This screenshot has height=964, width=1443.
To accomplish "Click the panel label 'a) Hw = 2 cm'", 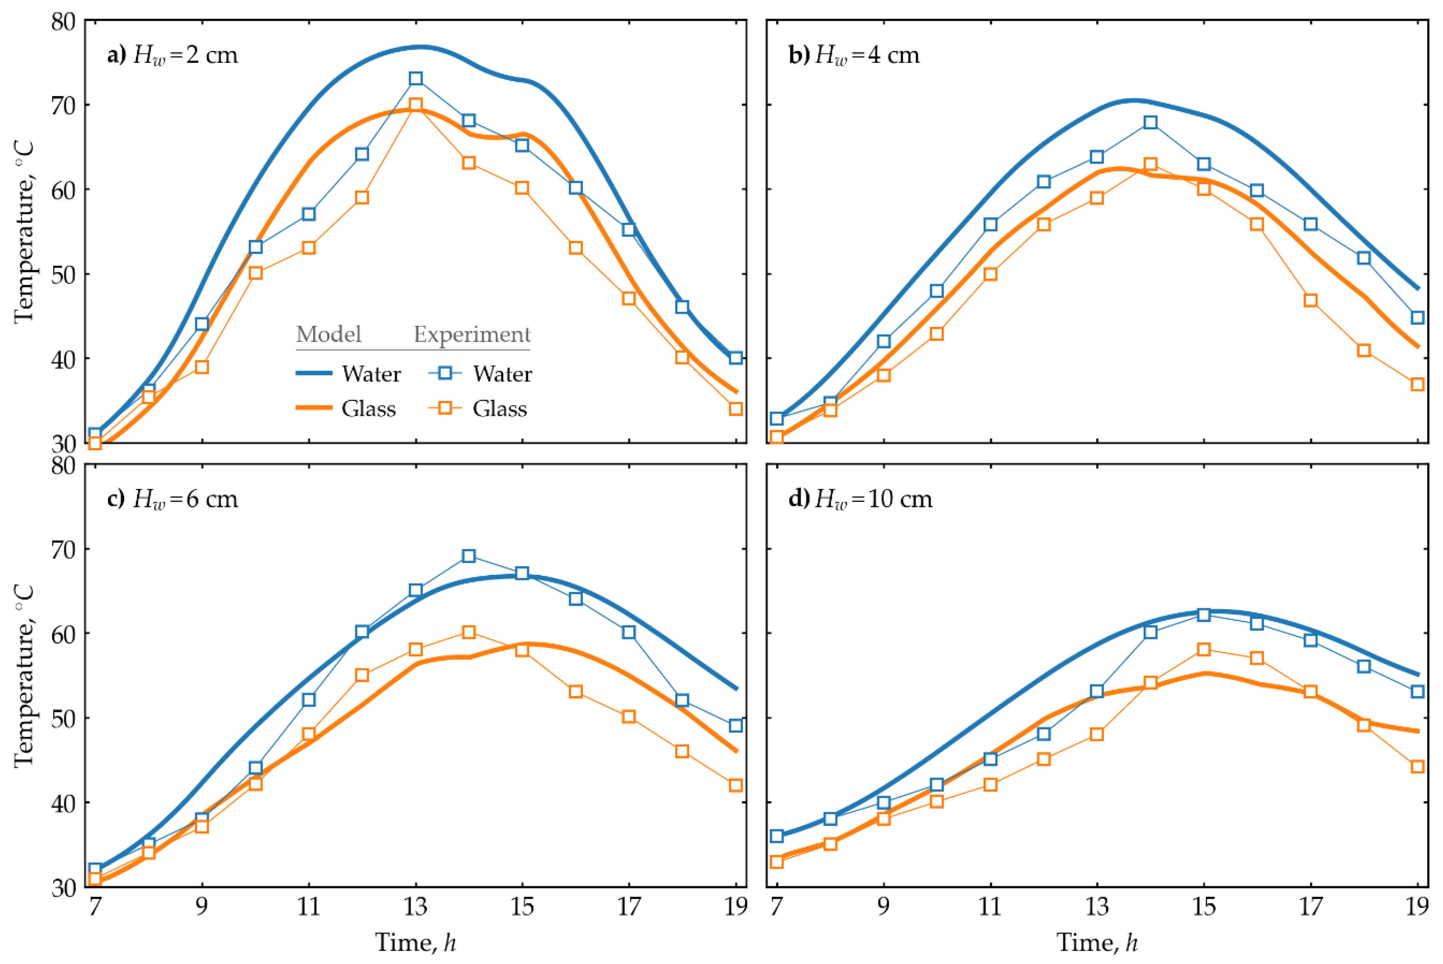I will [172, 55].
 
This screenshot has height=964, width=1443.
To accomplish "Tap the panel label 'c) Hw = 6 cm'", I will [172, 499].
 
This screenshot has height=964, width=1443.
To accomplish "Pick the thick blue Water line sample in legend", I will [314, 373].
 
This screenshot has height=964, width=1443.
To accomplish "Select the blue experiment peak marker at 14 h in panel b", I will [1150, 122].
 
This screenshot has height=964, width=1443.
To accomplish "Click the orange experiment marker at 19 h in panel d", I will [1418, 766].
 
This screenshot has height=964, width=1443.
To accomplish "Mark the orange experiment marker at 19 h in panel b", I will [1418, 384].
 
